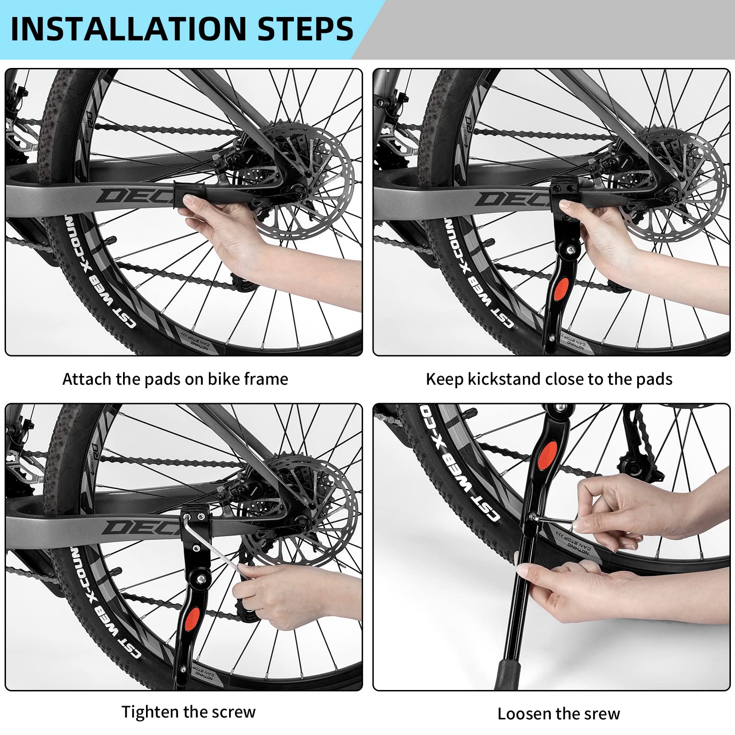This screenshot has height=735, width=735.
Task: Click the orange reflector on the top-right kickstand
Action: (561, 290)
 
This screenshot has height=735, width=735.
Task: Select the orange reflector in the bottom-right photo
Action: (548, 456)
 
